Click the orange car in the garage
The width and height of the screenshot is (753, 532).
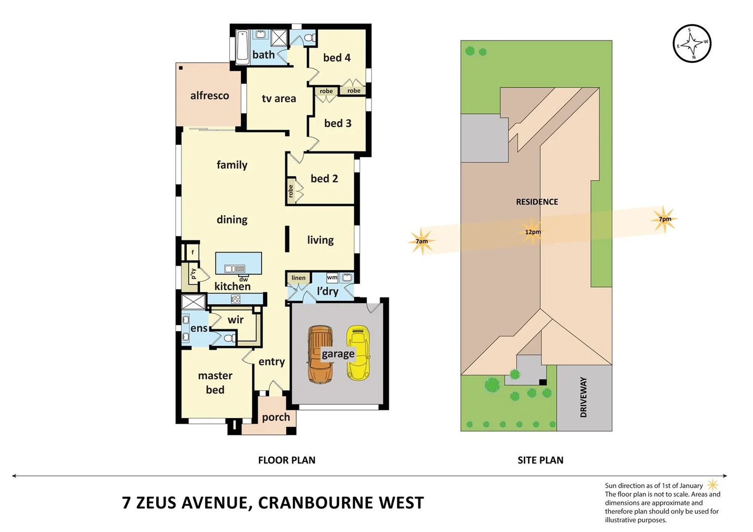click(319, 355)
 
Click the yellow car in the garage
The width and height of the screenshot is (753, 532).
click(359, 353)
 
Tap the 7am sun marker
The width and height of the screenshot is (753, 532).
click(421, 241)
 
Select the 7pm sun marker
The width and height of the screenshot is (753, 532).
click(664, 219)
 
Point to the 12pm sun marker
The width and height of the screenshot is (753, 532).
click(532, 232)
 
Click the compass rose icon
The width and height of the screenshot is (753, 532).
click(692, 44)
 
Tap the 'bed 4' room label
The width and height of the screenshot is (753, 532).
click(337, 58)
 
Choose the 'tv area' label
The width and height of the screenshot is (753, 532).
click(278, 99)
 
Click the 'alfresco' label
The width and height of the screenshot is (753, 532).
click(209, 96)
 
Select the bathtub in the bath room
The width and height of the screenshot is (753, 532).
click(242, 48)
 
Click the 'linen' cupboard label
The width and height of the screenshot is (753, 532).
click(298, 278)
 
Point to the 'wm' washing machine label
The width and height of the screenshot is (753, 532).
click(332, 277)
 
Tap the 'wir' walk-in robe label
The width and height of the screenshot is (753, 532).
click(236, 320)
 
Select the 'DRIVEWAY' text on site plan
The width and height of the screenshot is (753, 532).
click(583, 397)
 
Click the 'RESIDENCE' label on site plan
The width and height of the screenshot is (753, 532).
click(537, 202)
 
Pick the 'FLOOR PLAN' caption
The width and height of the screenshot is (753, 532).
click(286, 460)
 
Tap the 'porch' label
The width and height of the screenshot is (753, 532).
click(276, 417)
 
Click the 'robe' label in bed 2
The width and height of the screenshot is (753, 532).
click(291, 191)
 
